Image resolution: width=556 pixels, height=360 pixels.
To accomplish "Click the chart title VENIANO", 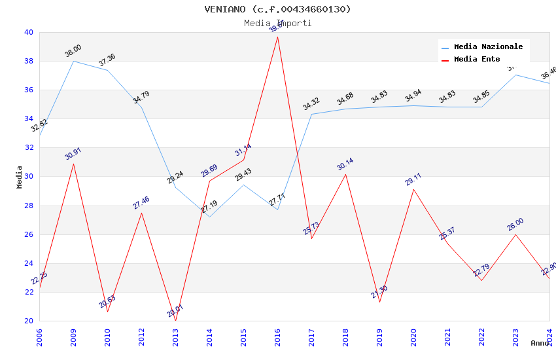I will tap(277, 9).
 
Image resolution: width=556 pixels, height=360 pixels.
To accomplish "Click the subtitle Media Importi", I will tap(277, 23).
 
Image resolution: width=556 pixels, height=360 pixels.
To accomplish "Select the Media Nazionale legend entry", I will tap(488, 46).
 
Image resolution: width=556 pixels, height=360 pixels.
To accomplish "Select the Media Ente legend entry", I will tap(477, 59).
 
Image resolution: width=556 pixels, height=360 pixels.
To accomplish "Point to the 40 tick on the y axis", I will tap(28, 32).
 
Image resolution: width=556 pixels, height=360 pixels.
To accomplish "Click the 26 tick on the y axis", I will tap(28, 234).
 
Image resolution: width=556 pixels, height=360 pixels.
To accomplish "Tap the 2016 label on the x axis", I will tap(278, 336).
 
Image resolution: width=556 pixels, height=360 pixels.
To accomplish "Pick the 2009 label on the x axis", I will tap(74, 336).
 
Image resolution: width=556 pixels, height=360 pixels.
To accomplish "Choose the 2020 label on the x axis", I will tap(414, 336).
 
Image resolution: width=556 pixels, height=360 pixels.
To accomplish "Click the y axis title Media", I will tap(20, 177).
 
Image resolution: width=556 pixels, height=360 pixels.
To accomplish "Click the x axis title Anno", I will tap(540, 343).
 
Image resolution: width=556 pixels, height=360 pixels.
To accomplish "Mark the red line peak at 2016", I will tap(277, 37).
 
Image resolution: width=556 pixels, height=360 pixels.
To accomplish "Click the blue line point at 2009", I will tap(73, 61).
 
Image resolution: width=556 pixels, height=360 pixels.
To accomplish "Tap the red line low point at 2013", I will tap(175, 321).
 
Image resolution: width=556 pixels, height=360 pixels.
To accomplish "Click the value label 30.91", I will tap(73, 154).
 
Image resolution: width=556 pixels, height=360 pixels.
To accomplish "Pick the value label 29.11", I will tap(413, 179).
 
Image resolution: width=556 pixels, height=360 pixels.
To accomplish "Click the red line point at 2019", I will tap(379, 302).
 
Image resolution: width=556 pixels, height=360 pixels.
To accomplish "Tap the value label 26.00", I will tap(515, 225).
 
